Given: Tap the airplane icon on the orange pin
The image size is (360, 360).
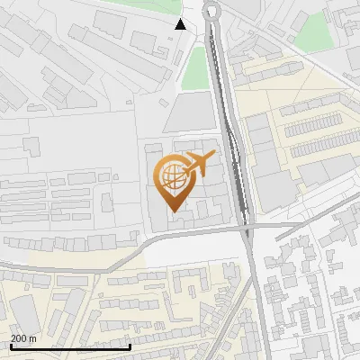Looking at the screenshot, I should [x=198, y=163].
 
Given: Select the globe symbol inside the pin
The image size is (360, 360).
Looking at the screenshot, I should [x=172, y=175].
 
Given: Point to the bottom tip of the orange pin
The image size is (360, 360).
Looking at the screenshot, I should [x=172, y=211].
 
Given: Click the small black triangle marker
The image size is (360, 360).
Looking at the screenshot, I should [x=181, y=25].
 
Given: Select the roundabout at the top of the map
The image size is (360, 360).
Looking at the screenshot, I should [x=213, y=12].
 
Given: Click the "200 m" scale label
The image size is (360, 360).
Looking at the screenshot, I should [x=23, y=338].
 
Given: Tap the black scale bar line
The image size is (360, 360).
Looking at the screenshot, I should [x=70, y=346].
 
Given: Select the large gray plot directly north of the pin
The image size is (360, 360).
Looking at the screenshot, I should [x=190, y=113].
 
